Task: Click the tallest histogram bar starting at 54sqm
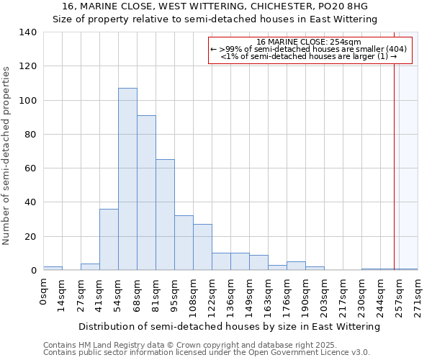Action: [127, 179]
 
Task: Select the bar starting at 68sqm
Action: [146, 192]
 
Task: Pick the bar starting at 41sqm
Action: [109, 239]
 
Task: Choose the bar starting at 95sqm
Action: [184, 243]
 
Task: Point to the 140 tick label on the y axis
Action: [28, 32]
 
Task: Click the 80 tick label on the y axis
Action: [31, 135]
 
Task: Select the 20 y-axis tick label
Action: [31, 237]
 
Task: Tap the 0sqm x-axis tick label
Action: [44, 292]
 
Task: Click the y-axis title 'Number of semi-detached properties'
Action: [7, 156]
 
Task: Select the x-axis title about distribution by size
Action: [229, 326]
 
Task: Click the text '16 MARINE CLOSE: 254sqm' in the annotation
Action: [309, 42]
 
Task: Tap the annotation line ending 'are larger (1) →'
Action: [309, 56]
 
